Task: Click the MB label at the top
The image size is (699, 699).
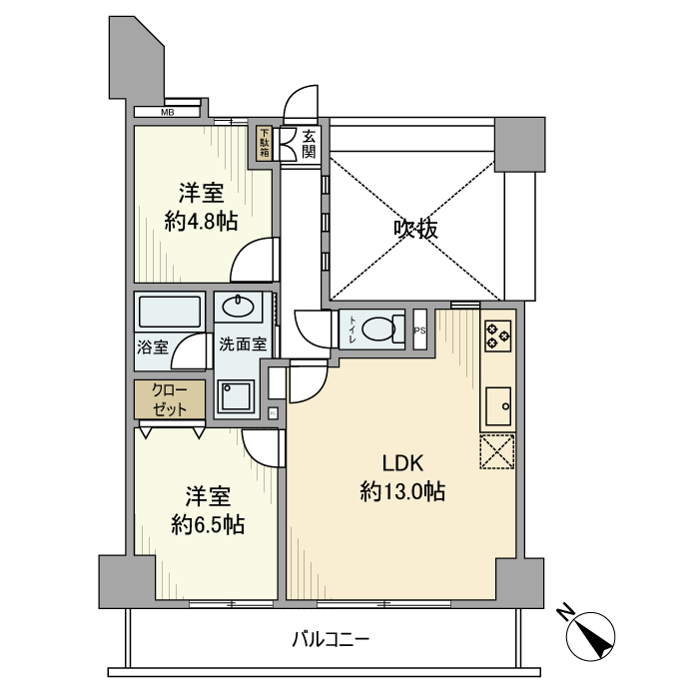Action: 168,112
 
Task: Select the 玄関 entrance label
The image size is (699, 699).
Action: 309,144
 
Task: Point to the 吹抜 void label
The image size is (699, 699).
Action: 414,229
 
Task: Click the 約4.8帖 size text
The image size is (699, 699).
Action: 201,220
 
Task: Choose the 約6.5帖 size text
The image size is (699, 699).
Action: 208,523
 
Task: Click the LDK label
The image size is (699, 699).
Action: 403,462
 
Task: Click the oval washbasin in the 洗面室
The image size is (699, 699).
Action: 240,307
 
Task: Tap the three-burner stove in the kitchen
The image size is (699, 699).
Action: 496,335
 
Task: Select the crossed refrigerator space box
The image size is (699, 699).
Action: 497,451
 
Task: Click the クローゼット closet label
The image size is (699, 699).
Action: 170,399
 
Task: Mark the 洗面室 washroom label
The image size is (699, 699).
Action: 243,345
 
